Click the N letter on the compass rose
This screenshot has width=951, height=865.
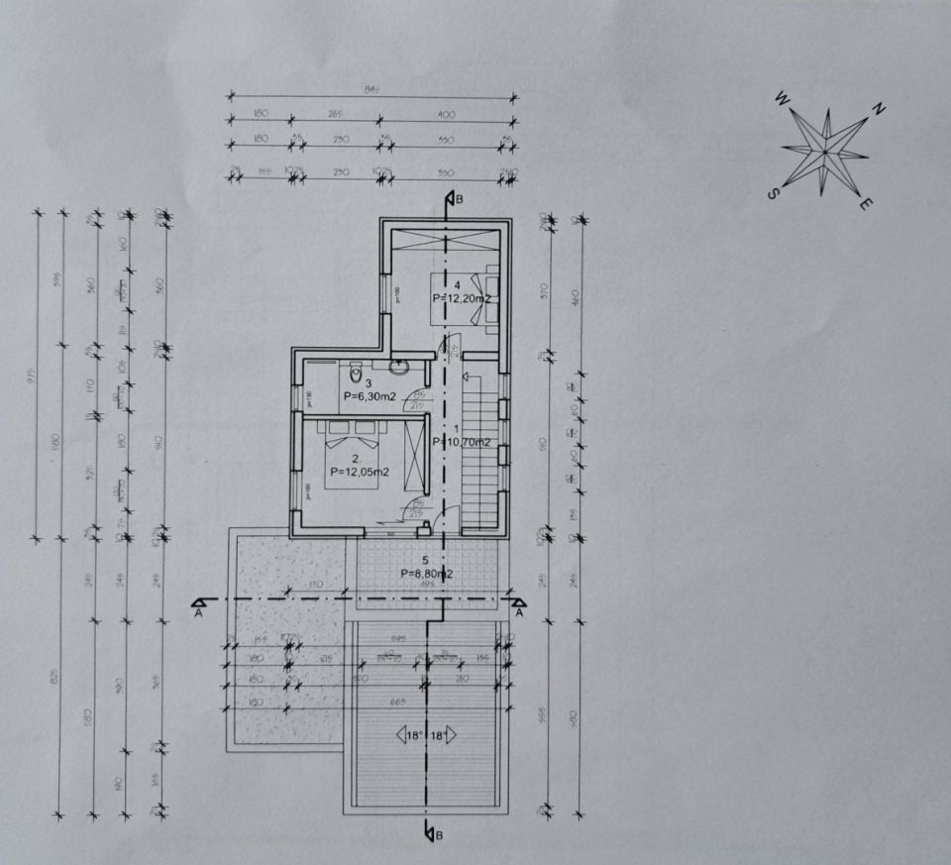click(879, 109)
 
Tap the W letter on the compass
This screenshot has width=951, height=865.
click(782, 98)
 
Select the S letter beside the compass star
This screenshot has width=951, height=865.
click(772, 194)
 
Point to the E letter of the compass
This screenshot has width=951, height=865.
click(865, 205)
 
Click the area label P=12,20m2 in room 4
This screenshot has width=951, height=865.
click(462, 297)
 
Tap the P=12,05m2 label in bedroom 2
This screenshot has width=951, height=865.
click(360, 472)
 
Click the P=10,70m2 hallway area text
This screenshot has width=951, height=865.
click(462, 442)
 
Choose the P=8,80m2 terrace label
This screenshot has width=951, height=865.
click(428, 573)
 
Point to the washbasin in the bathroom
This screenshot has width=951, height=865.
click(400, 366)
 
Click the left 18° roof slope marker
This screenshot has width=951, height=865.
click(408, 734)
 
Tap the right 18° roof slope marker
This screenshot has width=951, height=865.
click(443, 734)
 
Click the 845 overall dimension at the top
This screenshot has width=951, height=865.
click(372, 89)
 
